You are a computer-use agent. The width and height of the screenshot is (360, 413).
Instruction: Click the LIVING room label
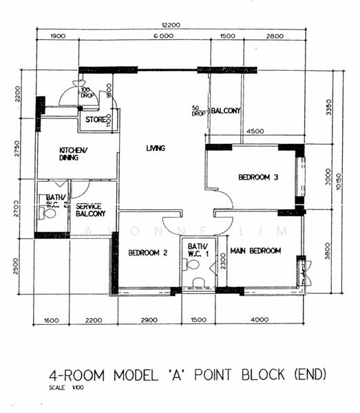pyautogui.click(x=156, y=148)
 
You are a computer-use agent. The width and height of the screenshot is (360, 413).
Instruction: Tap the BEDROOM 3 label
pyautogui.click(x=258, y=178)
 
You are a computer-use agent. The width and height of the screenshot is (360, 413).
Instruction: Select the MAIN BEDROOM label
pyautogui.click(x=255, y=251)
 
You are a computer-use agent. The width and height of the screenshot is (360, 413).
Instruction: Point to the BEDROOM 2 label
pyautogui.click(x=148, y=252)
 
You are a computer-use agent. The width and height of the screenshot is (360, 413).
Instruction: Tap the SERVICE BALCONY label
pyautogui.click(x=90, y=210)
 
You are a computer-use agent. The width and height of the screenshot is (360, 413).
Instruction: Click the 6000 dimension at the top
pyautogui.click(x=163, y=36)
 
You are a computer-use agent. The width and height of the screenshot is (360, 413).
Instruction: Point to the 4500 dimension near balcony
pyautogui.click(x=255, y=131)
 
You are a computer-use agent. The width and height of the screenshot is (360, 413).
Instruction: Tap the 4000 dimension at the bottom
pyautogui.click(x=260, y=320)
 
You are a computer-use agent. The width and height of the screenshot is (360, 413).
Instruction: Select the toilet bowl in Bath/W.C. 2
pyautogui.click(x=48, y=214)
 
